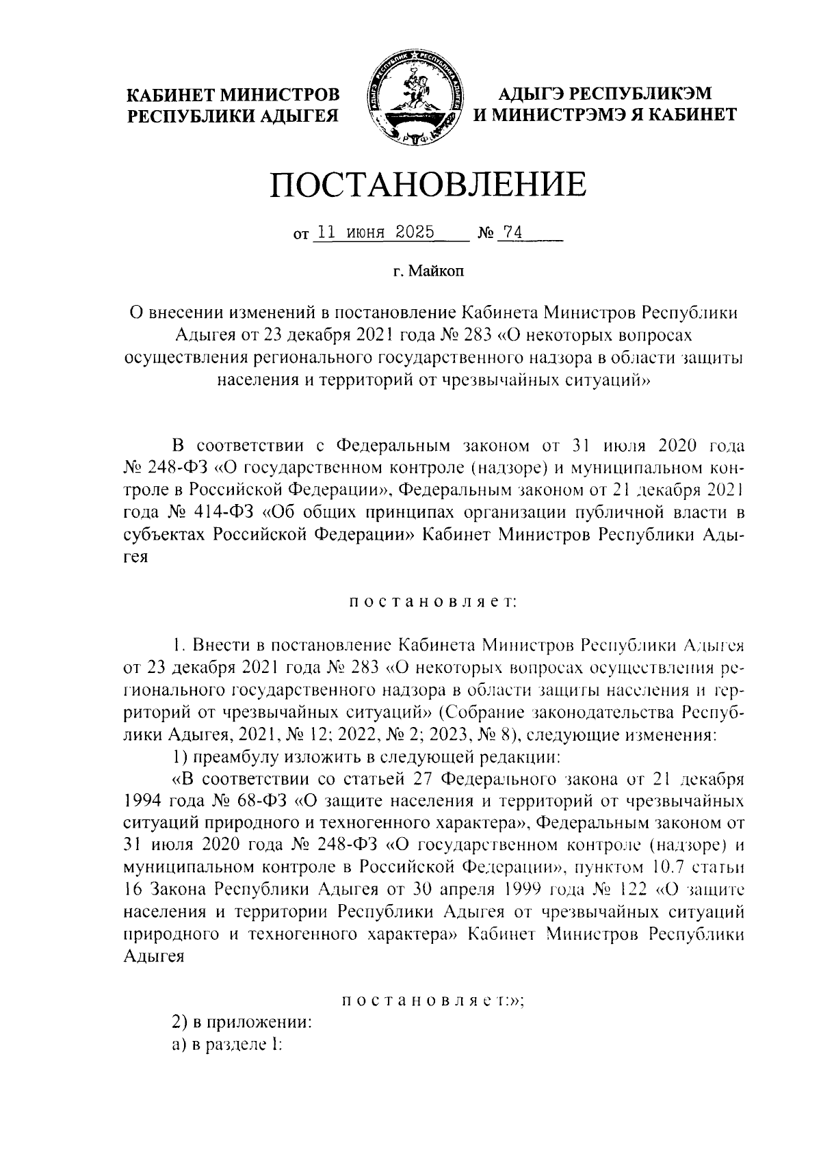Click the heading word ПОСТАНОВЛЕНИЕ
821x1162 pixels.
(x=428, y=185)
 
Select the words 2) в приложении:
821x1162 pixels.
(x=242, y=1023)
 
